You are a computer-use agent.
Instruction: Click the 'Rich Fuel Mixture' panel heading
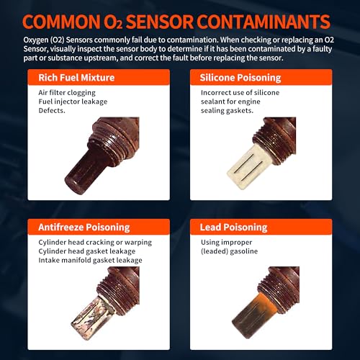pos(76,78)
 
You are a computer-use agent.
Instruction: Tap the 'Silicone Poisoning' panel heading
pos(240,78)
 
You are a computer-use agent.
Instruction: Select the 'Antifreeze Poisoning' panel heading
pos(84,228)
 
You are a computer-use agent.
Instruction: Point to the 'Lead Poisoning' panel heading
pos(233,228)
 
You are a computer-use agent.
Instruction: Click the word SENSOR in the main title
pos(160,22)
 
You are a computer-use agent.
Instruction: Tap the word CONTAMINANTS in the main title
pos(264,22)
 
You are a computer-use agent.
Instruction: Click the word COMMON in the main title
pos(61,22)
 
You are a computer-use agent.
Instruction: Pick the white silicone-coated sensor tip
pos(246,167)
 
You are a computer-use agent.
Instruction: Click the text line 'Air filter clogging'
pos(67,93)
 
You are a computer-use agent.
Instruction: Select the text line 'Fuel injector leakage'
pos(73,102)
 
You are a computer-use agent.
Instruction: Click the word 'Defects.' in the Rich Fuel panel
pos(52,110)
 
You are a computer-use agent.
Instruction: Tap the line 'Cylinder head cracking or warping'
pos(95,243)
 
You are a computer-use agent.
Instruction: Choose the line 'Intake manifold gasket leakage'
pos(90,260)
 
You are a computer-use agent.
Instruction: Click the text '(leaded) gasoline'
pos(230,251)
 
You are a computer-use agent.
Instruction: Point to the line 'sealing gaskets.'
pos(227,110)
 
